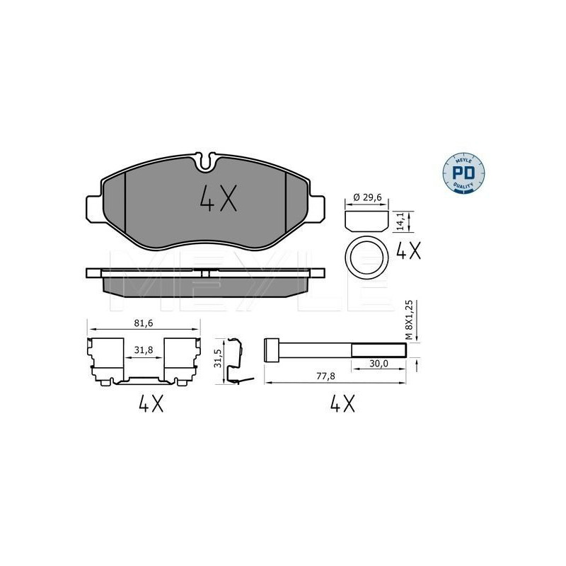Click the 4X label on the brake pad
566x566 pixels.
219,198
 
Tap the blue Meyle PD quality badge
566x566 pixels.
463,173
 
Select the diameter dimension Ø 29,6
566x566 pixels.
366,197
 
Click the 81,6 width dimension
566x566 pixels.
144,323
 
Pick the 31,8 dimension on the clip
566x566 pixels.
144,350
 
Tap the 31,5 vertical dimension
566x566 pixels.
218,359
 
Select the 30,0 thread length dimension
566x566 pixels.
379,364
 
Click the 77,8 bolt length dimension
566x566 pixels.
326,376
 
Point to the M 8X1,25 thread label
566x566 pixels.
409,320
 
